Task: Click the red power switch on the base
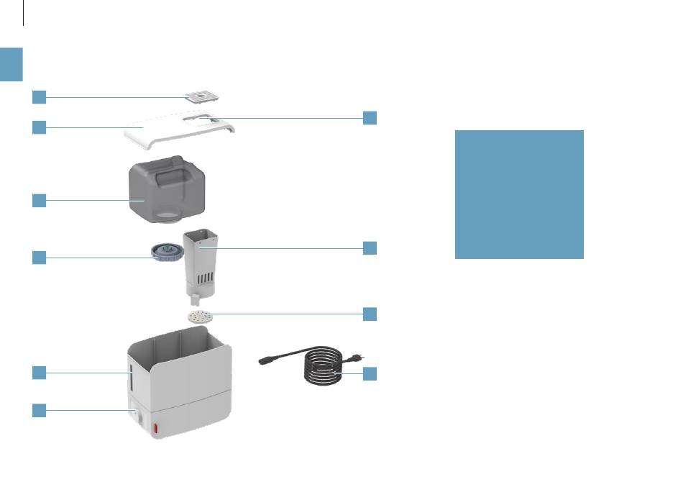click(155, 429)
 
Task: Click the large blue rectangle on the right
click(519, 194)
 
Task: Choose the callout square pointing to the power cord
click(370, 373)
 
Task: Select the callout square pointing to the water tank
click(39, 201)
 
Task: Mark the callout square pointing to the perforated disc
click(370, 314)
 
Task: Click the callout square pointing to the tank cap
click(39, 257)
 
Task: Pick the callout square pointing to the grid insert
click(39, 97)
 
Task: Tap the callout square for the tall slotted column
click(370, 248)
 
